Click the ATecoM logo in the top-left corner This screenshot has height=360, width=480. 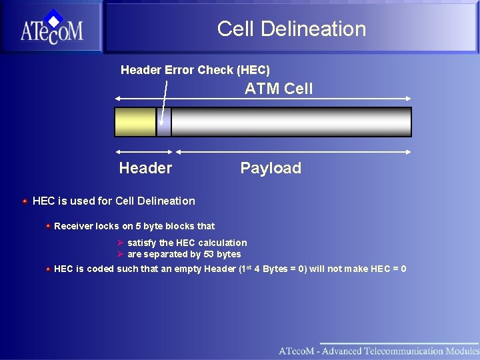[x=51, y=27]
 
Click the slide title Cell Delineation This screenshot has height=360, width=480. [x=291, y=29]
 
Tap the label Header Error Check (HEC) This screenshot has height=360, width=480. [x=195, y=70]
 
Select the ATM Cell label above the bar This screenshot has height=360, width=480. [x=278, y=89]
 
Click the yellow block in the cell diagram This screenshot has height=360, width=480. [x=135, y=122]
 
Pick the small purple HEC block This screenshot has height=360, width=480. [x=164, y=122]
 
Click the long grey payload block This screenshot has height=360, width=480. [x=291, y=122]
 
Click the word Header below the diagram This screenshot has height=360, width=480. [x=145, y=168]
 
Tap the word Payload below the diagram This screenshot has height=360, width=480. [x=271, y=168]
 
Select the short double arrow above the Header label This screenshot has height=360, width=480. [x=143, y=151]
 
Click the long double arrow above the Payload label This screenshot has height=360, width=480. [x=293, y=151]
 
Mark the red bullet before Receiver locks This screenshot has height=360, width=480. [x=48, y=226]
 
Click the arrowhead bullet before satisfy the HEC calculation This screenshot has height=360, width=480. [x=121, y=243]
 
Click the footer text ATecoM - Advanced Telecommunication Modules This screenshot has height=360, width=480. [x=378, y=351]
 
